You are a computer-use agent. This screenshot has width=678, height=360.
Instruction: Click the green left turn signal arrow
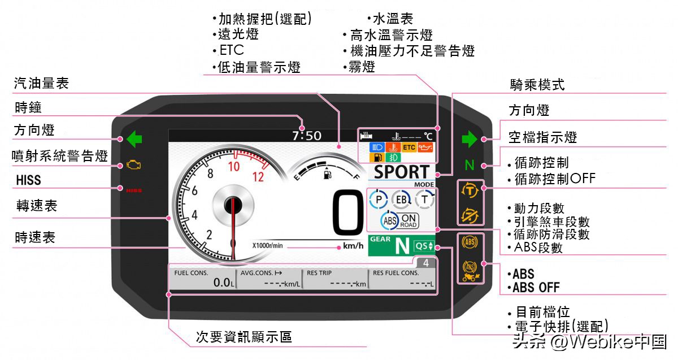tap(134, 138)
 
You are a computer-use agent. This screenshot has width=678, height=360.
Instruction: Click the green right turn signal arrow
tap(469, 138)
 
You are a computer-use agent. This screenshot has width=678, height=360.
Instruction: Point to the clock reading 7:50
tap(306, 136)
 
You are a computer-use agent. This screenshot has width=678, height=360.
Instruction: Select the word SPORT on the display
tap(402, 172)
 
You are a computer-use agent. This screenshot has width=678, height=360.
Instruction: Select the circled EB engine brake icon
tap(401, 199)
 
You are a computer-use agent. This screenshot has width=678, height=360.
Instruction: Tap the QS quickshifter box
tap(424, 246)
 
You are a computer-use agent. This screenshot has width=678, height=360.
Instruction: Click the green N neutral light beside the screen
tap(469, 166)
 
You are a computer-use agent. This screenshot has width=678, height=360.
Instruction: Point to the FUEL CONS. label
tap(191, 273)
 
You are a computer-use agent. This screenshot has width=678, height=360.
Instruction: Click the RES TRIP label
tap(319, 273)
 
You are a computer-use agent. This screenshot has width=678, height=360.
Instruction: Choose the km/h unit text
tap(353, 246)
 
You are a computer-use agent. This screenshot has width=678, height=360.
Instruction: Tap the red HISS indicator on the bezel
tap(134, 190)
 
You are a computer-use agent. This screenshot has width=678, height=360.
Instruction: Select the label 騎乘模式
tap(537, 85)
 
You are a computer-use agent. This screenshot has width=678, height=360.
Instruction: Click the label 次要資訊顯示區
tap(244, 337)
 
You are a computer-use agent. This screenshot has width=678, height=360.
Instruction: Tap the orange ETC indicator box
tap(408, 148)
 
